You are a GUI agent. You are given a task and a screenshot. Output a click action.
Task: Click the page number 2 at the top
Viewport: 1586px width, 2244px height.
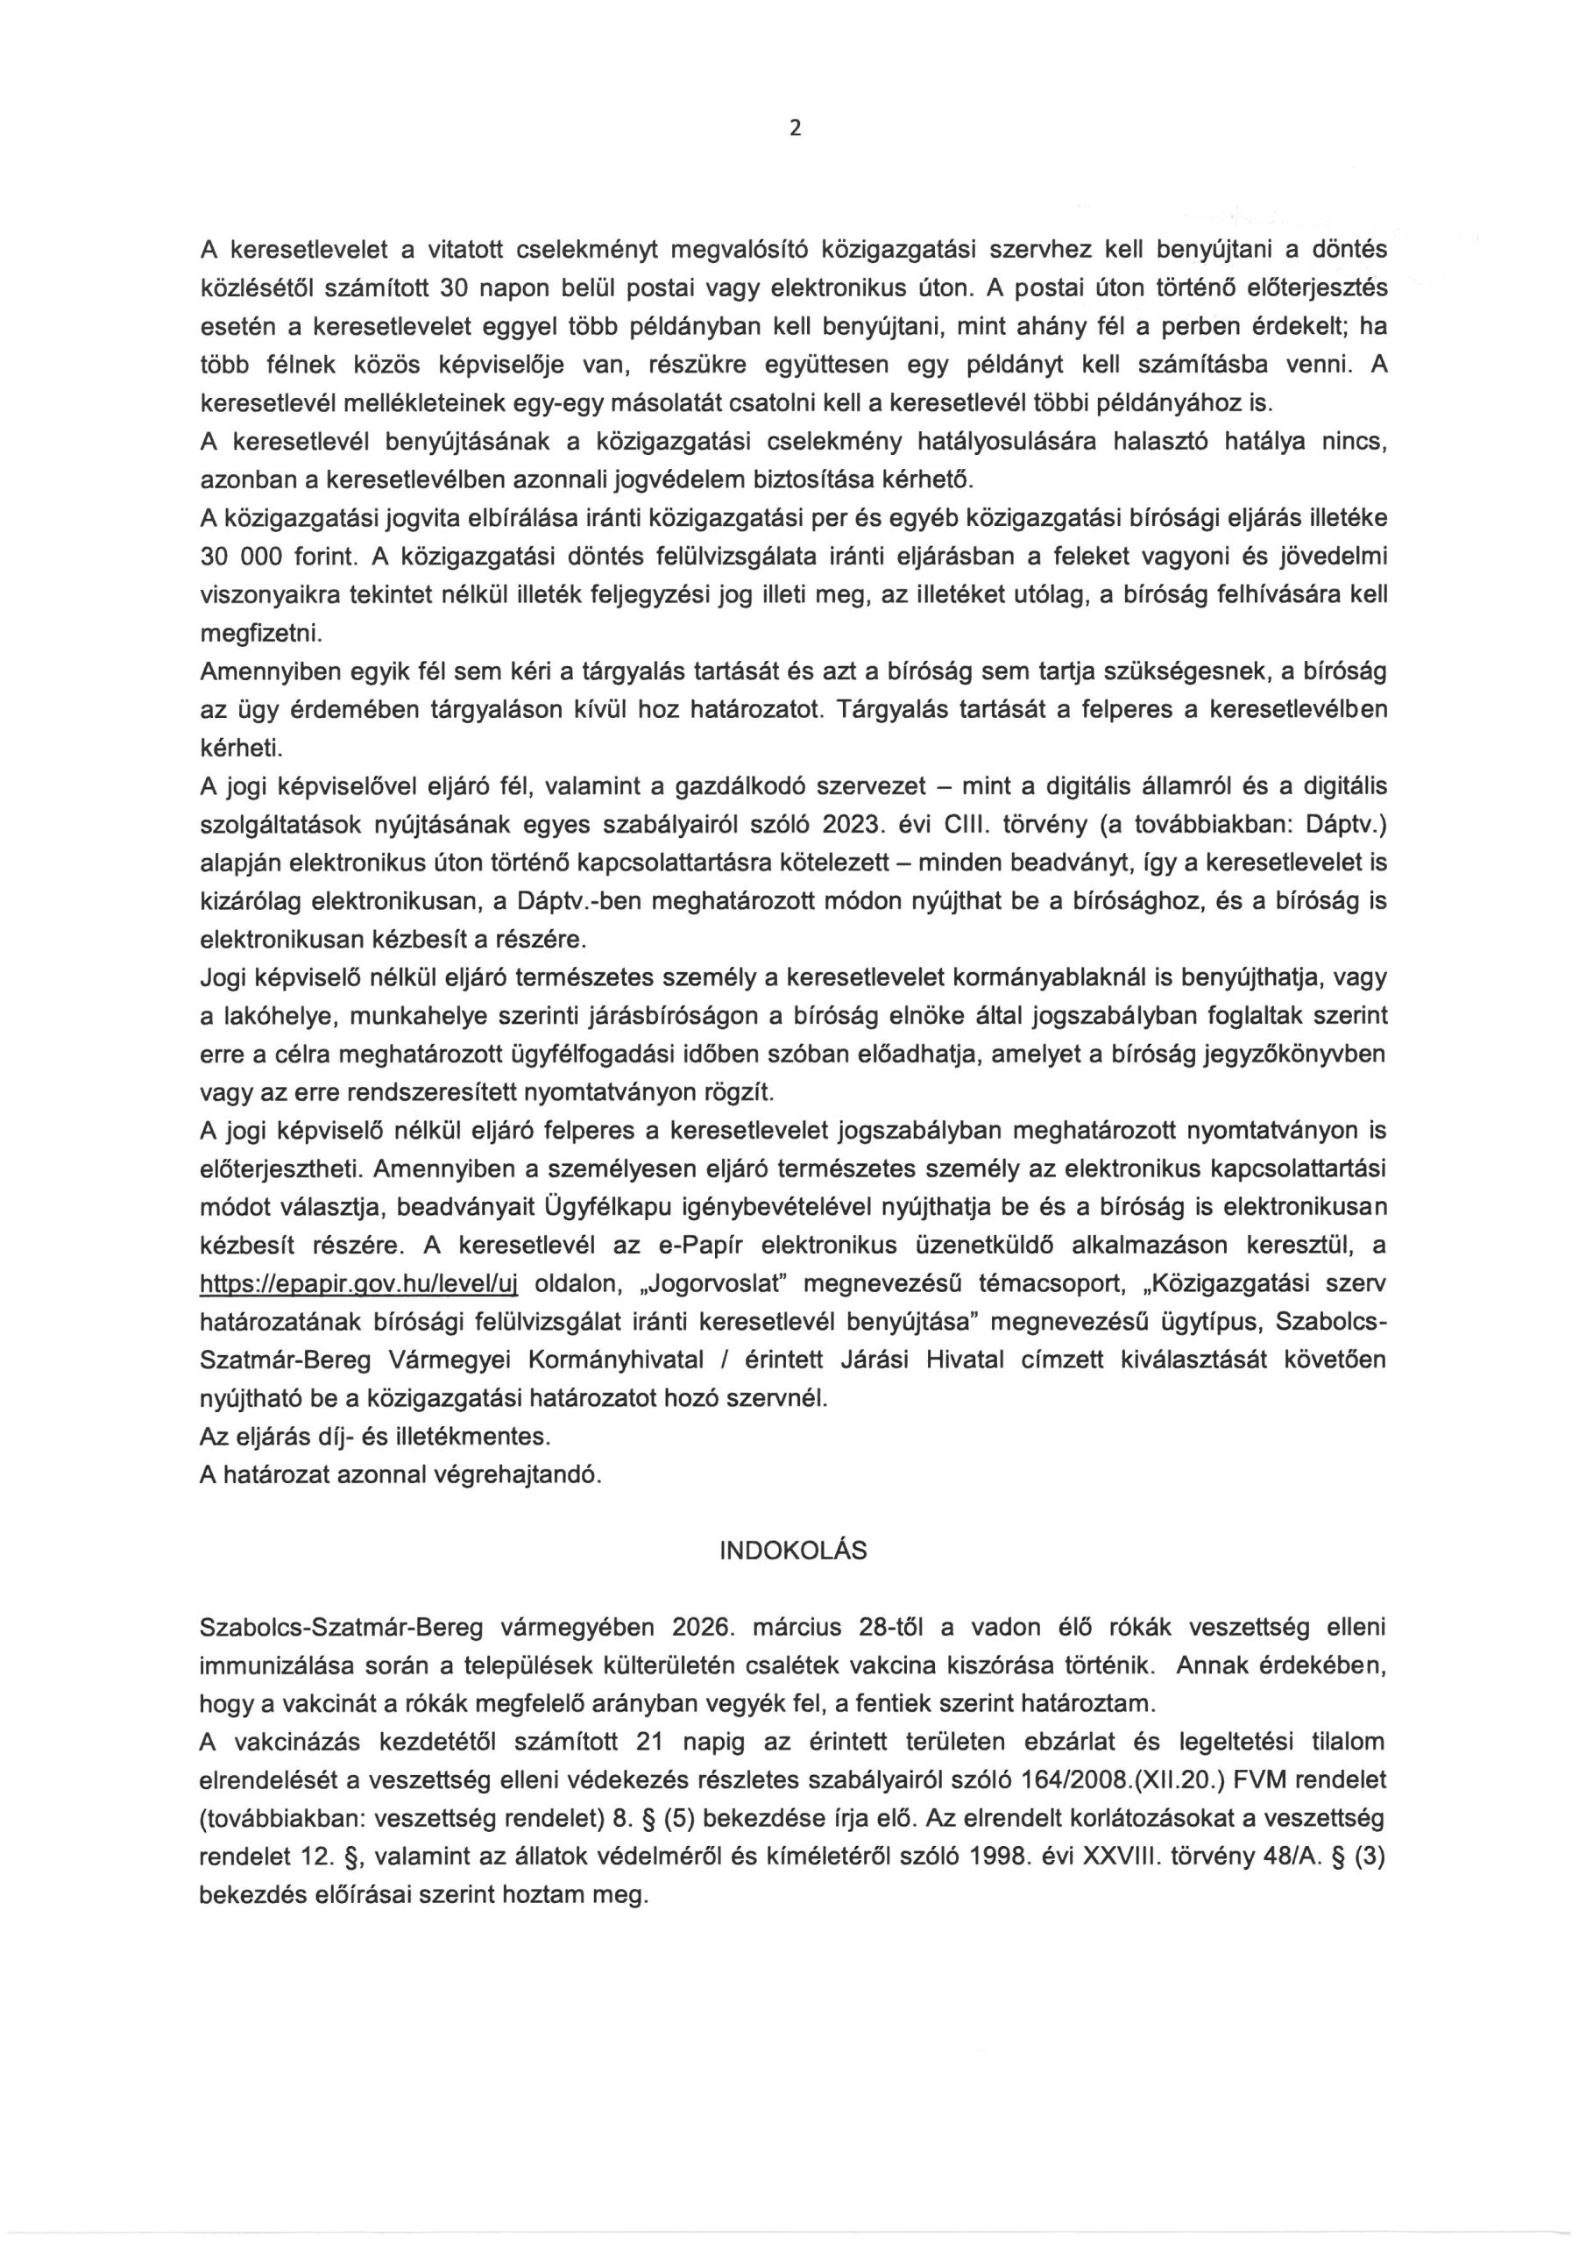[795, 128]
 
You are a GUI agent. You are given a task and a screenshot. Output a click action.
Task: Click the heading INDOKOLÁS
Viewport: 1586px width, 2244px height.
[792, 1551]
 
